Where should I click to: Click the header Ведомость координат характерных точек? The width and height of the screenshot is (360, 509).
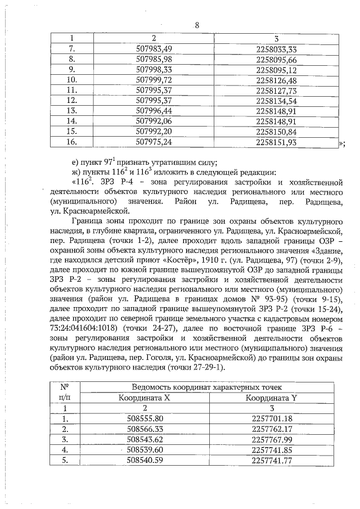coord(211,388)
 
